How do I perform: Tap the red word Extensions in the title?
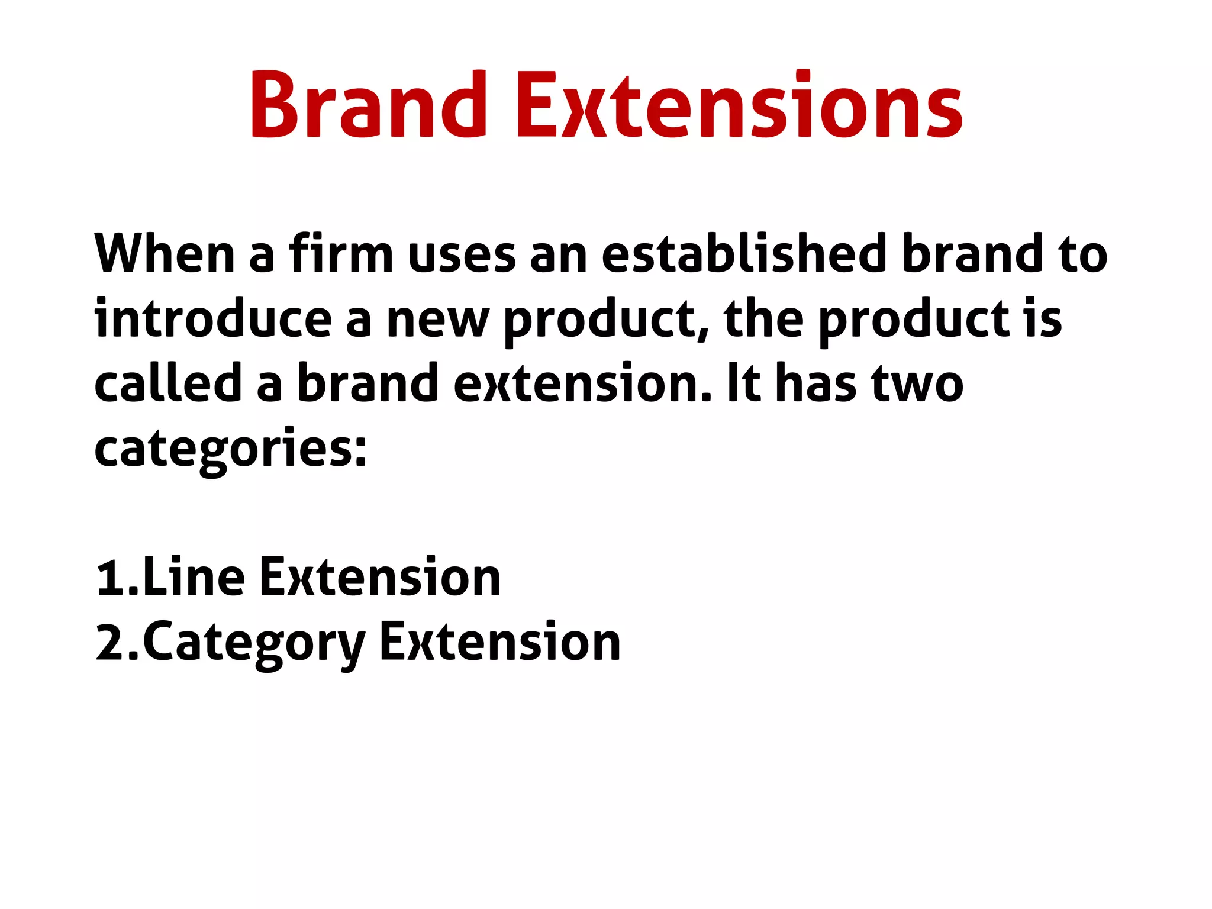[739, 105]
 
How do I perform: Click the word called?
[168, 383]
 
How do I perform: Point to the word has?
[816, 383]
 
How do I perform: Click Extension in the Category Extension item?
[500, 642]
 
